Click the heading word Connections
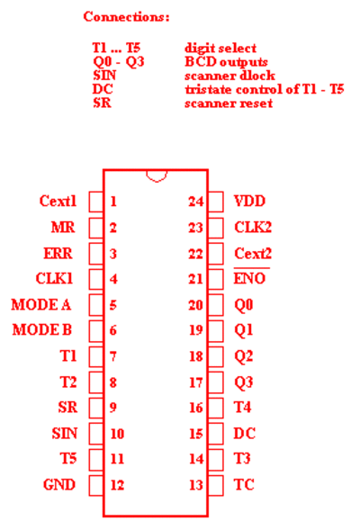pyautogui.click(x=126, y=16)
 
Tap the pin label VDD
pyautogui.click(x=249, y=202)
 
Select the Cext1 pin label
pyautogui.click(x=58, y=201)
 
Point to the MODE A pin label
pyautogui.click(x=41, y=304)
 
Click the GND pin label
pyautogui.click(x=59, y=485)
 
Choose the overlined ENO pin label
pyautogui.click(x=250, y=277)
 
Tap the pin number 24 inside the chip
pyautogui.click(x=196, y=202)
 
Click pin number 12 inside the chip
pyautogui.click(x=117, y=485)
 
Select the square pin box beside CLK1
pyautogui.click(x=96, y=279)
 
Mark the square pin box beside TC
pyautogui.click(x=216, y=485)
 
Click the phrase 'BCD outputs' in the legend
pyautogui.click(x=226, y=62)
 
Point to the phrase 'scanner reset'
pyautogui.click(x=229, y=103)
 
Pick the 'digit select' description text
pyautogui.click(x=220, y=49)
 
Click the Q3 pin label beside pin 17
pyautogui.click(x=244, y=382)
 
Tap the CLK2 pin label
pyautogui.click(x=253, y=227)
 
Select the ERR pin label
pyautogui.click(x=58, y=253)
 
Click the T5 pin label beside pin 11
pyautogui.click(x=68, y=459)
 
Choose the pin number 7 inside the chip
pyautogui.click(x=113, y=356)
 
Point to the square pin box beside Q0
pyautogui.click(x=216, y=305)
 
